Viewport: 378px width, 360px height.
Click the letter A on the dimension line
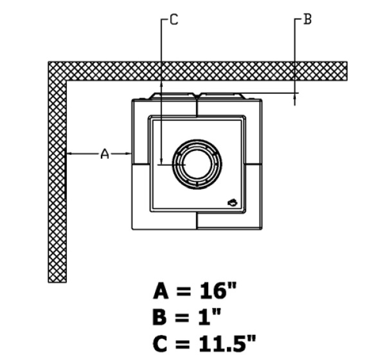coord(105,154)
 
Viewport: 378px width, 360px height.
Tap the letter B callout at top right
coord(307,19)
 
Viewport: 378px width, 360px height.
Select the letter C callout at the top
coord(174,19)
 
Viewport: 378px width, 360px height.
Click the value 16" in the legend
coord(218,291)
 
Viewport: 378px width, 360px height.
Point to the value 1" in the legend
coord(210,316)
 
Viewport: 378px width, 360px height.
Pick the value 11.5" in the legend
coord(227,342)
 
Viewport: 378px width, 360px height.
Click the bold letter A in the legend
coord(161,291)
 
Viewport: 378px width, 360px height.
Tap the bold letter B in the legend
coord(159,316)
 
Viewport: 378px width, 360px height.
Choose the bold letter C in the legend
coord(159,343)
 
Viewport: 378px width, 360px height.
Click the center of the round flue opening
coord(197,165)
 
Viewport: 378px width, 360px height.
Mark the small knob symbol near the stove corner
coord(233,203)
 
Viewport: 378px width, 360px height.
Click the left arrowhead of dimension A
coord(69,154)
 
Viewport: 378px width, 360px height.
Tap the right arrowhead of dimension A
coord(129,154)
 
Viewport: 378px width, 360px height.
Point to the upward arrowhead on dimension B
coord(294,96)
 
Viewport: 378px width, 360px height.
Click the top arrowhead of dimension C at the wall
coord(162,84)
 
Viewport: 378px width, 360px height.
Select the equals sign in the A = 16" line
coord(184,291)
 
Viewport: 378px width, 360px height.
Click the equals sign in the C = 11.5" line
coord(183,343)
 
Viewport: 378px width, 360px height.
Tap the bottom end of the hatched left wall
coord(57,282)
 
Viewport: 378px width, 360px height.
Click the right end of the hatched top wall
coord(346,71)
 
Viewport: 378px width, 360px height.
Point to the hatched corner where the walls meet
coord(57,71)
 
